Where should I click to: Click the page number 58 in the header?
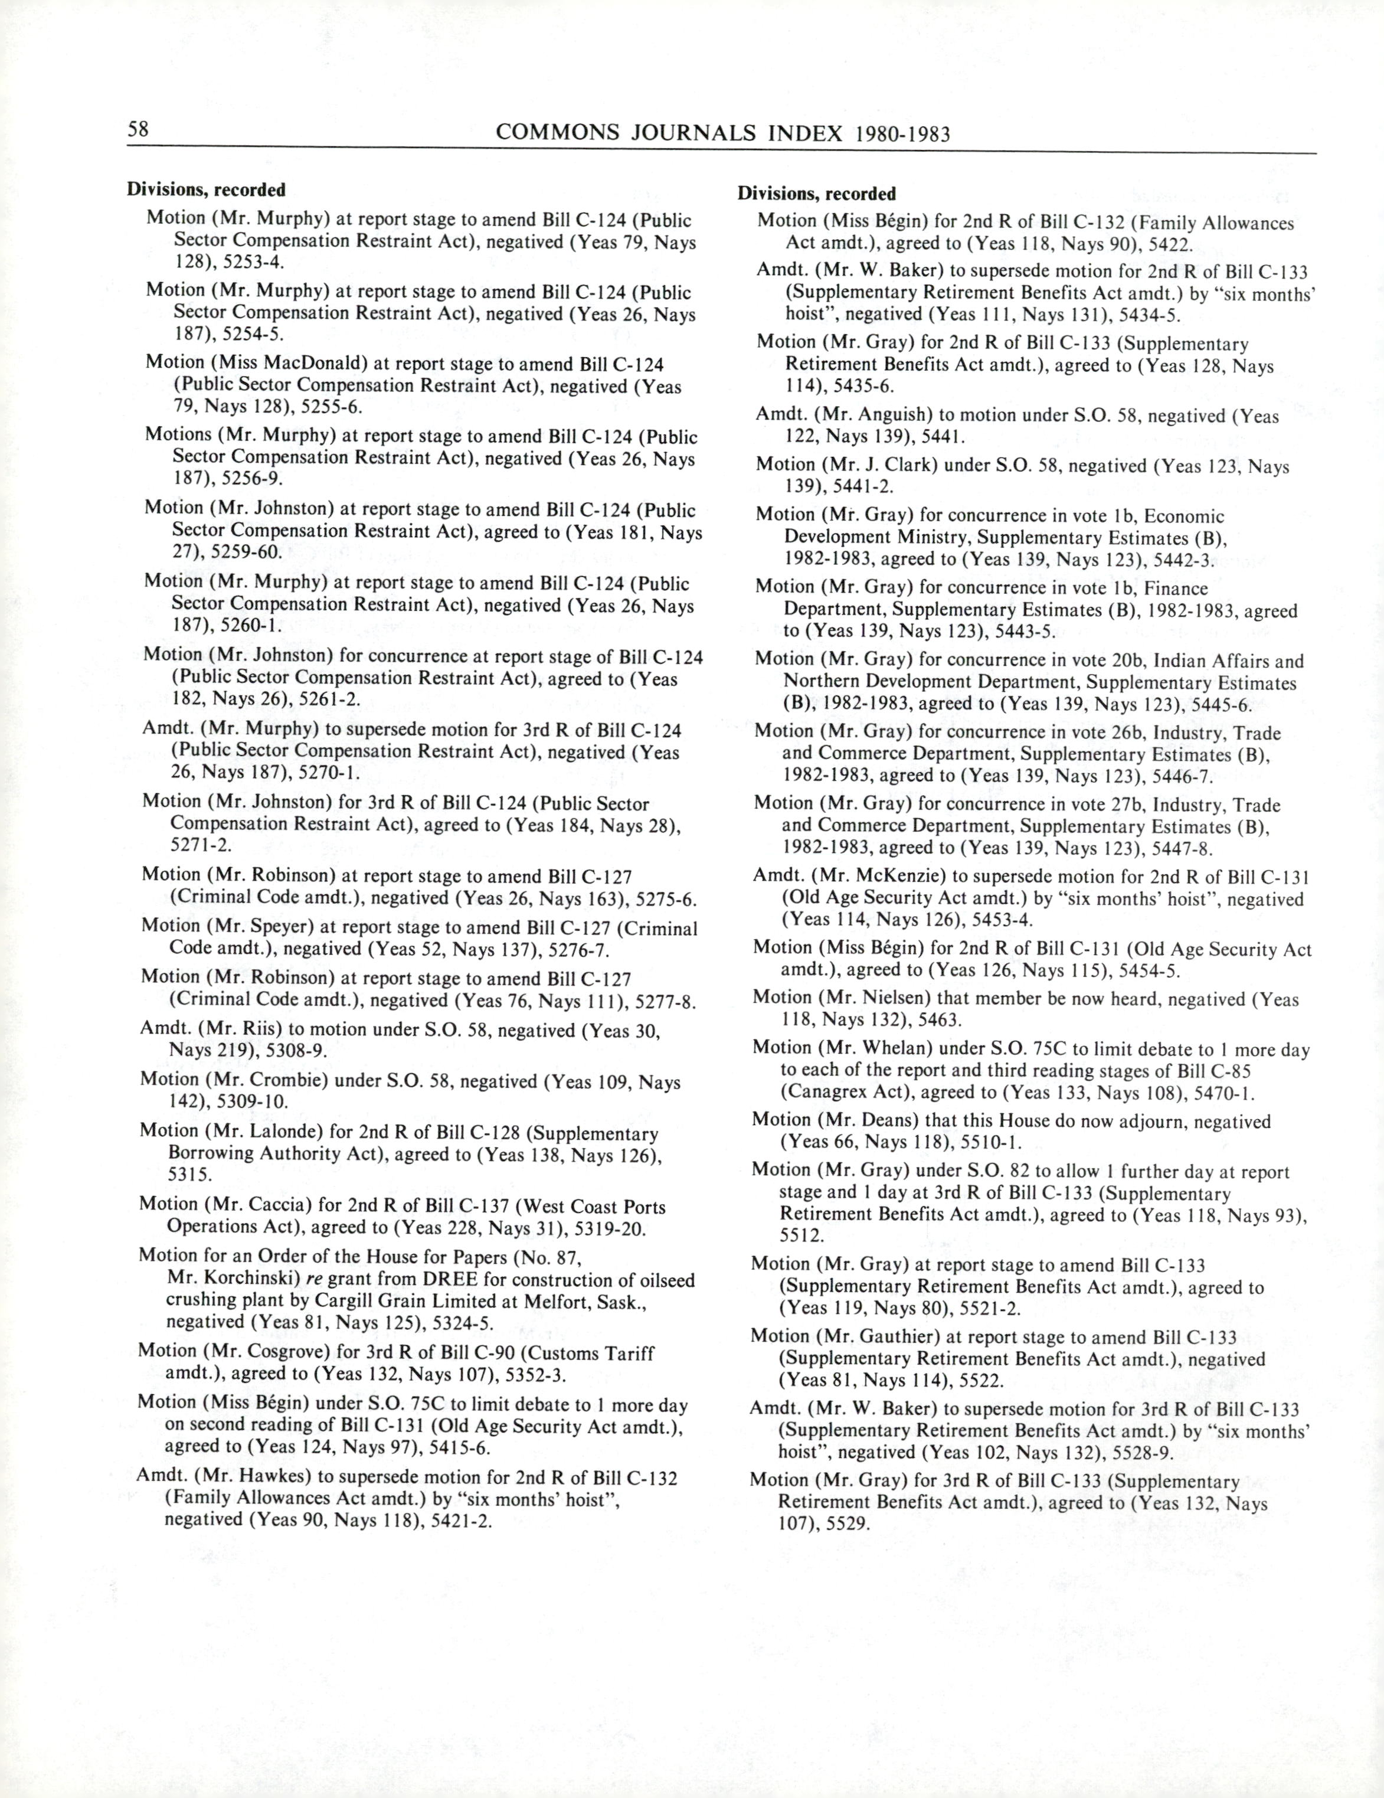[138, 129]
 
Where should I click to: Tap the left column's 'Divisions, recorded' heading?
[206, 190]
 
